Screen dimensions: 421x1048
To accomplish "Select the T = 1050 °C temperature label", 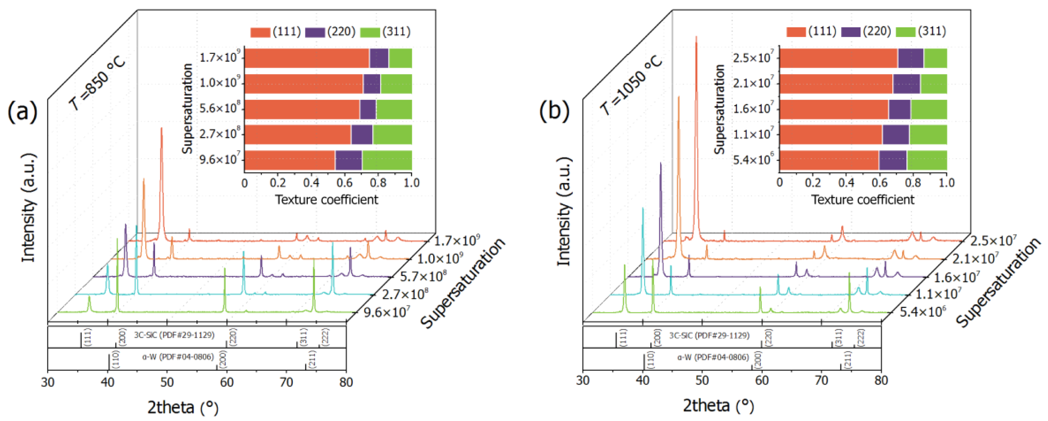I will pyautogui.click(x=631, y=85).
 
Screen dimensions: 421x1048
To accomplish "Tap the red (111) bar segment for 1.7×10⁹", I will pyautogui.click(x=306, y=58).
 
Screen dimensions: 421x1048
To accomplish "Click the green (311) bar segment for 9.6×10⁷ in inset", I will pyautogui.click(x=387, y=160).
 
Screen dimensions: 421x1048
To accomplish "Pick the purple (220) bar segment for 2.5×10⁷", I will pyautogui.click(x=910, y=58).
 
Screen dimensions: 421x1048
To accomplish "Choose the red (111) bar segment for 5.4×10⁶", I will pyautogui.click(x=829, y=160).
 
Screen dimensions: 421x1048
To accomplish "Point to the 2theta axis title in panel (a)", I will pyautogui.click(x=183, y=407).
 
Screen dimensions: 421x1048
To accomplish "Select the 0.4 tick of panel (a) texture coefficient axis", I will pyautogui.click(x=311, y=182).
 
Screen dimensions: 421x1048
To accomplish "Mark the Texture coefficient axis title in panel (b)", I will pyautogui.click(x=862, y=200).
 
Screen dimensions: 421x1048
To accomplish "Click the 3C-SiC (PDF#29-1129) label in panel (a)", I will pyautogui.click(x=174, y=335).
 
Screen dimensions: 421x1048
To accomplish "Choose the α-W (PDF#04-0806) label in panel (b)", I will pyautogui.click(x=713, y=357).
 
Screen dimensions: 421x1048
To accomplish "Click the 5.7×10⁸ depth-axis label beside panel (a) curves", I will pyautogui.click(x=423, y=276).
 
